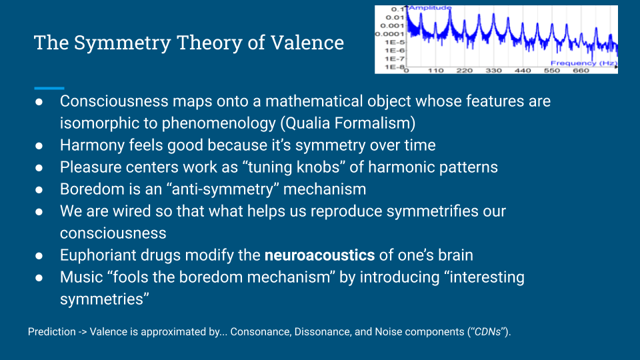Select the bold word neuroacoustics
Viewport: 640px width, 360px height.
319,255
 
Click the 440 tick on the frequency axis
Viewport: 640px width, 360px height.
523,71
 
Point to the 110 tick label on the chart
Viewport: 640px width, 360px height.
435,71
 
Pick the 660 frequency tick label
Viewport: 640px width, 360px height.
581,71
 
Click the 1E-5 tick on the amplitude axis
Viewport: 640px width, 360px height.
394,42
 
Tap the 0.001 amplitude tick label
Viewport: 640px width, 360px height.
392,25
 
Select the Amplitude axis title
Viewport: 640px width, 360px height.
430,7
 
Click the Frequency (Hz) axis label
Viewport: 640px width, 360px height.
584,63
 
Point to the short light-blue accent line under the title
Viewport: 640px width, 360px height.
49,88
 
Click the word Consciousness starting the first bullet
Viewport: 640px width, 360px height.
114,101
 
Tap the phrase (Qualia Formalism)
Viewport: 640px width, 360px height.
348,123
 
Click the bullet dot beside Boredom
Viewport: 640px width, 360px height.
39,190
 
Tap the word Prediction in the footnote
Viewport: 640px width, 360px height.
52,332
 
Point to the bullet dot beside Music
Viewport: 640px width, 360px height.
39,278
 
